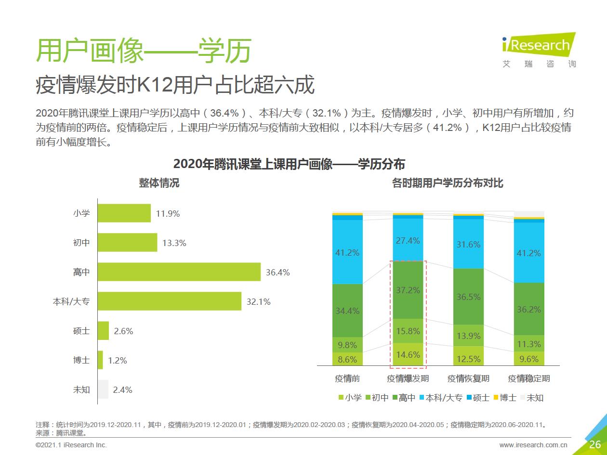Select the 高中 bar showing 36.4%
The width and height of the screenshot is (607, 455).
[x=179, y=273]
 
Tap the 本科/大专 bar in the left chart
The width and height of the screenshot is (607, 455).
[x=169, y=302]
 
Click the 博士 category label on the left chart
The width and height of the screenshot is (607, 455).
[x=81, y=360]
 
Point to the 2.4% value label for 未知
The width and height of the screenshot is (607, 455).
[x=122, y=390]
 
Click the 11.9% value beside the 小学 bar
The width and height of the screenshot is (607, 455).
[x=168, y=214]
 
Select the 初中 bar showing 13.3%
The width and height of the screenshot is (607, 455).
[x=127, y=243]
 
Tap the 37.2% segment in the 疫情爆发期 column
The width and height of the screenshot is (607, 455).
[x=408, y=290]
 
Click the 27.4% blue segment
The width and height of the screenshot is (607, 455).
[x=408, y=240]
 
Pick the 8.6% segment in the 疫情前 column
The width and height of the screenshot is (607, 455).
[x=347, y=359]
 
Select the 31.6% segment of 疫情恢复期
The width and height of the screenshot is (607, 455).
[x=468, y=244]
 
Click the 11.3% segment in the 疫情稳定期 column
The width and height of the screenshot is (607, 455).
[x=529, y=344]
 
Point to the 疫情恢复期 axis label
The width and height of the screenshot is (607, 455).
[x=468, y=378]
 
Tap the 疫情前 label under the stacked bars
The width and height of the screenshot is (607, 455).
[x=347, y=378]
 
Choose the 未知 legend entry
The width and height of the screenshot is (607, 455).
[x=531, y=398]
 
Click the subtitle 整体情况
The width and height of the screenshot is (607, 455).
[x=159, y=183]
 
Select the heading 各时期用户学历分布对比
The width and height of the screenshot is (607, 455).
[x=448, y=183]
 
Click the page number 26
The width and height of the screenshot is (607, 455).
[x=594, y=444]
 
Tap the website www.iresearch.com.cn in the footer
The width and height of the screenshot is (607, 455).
[x=533, y=445]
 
